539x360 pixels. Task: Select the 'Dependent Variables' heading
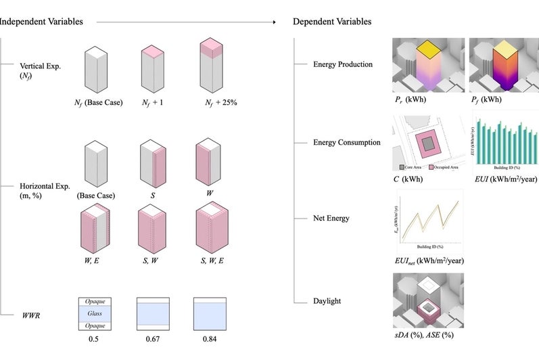pos(331,22)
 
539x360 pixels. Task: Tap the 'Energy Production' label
pos(342,64)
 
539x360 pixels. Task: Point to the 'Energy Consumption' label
pos(346,142)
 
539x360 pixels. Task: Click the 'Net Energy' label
pos(332,219)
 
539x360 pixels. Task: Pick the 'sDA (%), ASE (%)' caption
pos(423,334)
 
